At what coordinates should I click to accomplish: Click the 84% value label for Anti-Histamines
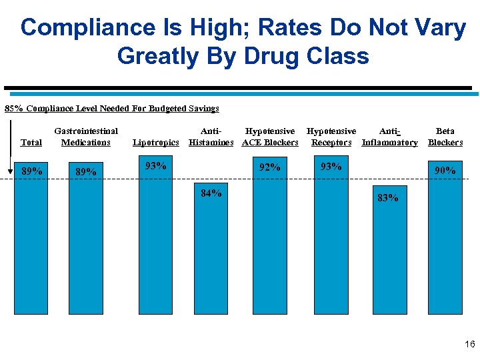tap(211, 193)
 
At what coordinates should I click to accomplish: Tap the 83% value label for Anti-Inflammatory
tap(387, 197)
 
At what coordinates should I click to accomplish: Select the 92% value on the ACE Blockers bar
tap(269, 167)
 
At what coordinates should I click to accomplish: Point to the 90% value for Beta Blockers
tap(445, 171)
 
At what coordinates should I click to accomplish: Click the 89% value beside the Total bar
tap(32, 171)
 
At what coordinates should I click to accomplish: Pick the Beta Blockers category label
tap(445, 137)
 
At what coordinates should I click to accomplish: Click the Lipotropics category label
tap(156, 142)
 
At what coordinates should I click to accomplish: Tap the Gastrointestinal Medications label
tap(86, 137)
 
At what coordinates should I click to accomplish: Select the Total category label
tap(31, 142)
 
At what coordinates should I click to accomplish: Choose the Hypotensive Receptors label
tap(331, 137)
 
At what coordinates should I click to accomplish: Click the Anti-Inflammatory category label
tap(389, 137)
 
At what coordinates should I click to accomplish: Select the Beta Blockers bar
tap(445, 253)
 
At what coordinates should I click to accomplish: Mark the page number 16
tap(469, 345)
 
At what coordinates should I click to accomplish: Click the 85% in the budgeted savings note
tap(14, 108)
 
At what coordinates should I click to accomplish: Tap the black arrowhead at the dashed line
tap(10, 171)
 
